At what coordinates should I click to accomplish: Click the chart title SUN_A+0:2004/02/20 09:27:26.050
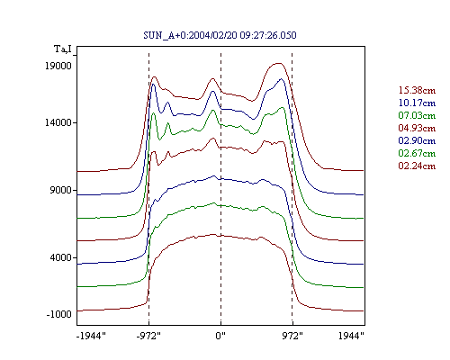coord(220,35)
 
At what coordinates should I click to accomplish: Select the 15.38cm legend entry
coord(417,90)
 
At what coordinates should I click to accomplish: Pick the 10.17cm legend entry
coord(417,103)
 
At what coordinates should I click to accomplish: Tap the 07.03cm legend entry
coord(417,115)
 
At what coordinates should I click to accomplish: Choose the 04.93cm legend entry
coord(417,128)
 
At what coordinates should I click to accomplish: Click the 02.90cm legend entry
coord(417,140)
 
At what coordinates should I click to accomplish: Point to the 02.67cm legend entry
coord(417,153)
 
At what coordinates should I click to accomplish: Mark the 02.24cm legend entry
coord(417,166)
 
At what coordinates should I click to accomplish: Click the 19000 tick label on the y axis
coord(58,66)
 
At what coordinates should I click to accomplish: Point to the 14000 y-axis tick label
coord(58,122)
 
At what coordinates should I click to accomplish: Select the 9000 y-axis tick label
coord(61,190)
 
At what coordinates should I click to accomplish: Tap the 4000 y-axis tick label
coord(61,257)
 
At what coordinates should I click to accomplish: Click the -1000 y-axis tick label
coord(59,314)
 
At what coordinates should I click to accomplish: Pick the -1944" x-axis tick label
coord(91,336)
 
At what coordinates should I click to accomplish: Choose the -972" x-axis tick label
coord(148,336)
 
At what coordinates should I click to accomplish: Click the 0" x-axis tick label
coord(220,336)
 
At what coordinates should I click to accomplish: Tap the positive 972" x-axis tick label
coord(292,336)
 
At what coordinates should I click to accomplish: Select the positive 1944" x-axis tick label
coord(351,336)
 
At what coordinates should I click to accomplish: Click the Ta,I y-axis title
coord(63,49)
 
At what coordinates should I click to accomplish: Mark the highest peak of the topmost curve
coord(279,63)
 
